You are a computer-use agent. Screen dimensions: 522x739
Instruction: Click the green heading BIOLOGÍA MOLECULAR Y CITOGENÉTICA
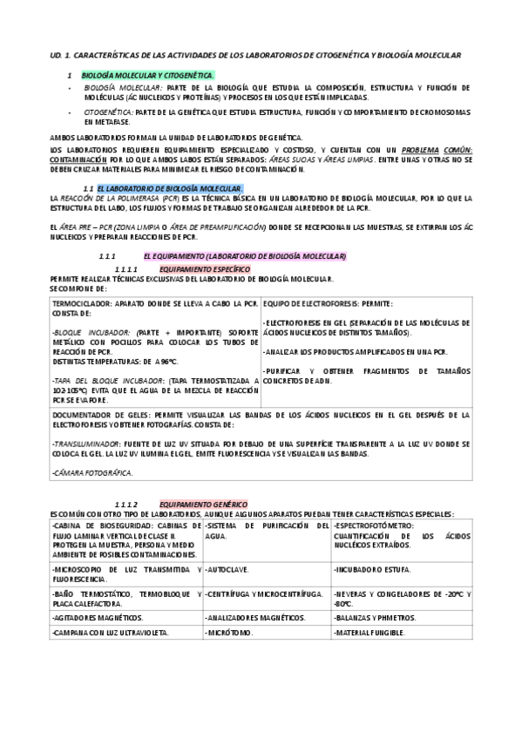pos(146,77)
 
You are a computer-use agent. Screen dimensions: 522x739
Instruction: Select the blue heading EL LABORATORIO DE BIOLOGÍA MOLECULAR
pos(170,189)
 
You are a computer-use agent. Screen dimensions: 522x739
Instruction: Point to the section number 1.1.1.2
pos(127,505)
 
